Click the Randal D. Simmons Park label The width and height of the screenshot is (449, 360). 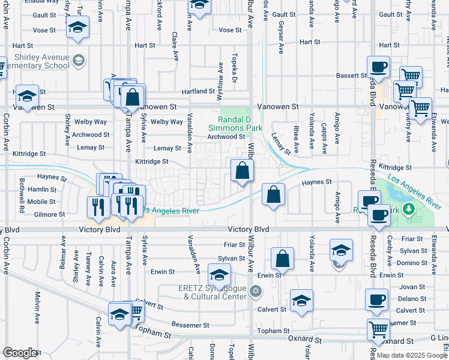[236, 124]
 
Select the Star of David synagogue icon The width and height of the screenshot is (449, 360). [256, 292]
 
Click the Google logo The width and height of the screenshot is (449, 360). [20, 352]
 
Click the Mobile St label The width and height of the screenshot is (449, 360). [42, 202]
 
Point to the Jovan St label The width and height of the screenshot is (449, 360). [412, 287]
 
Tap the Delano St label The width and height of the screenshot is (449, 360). [411, 298]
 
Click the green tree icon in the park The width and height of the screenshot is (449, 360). [409, 208]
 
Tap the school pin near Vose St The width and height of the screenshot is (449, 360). [77, 27]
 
